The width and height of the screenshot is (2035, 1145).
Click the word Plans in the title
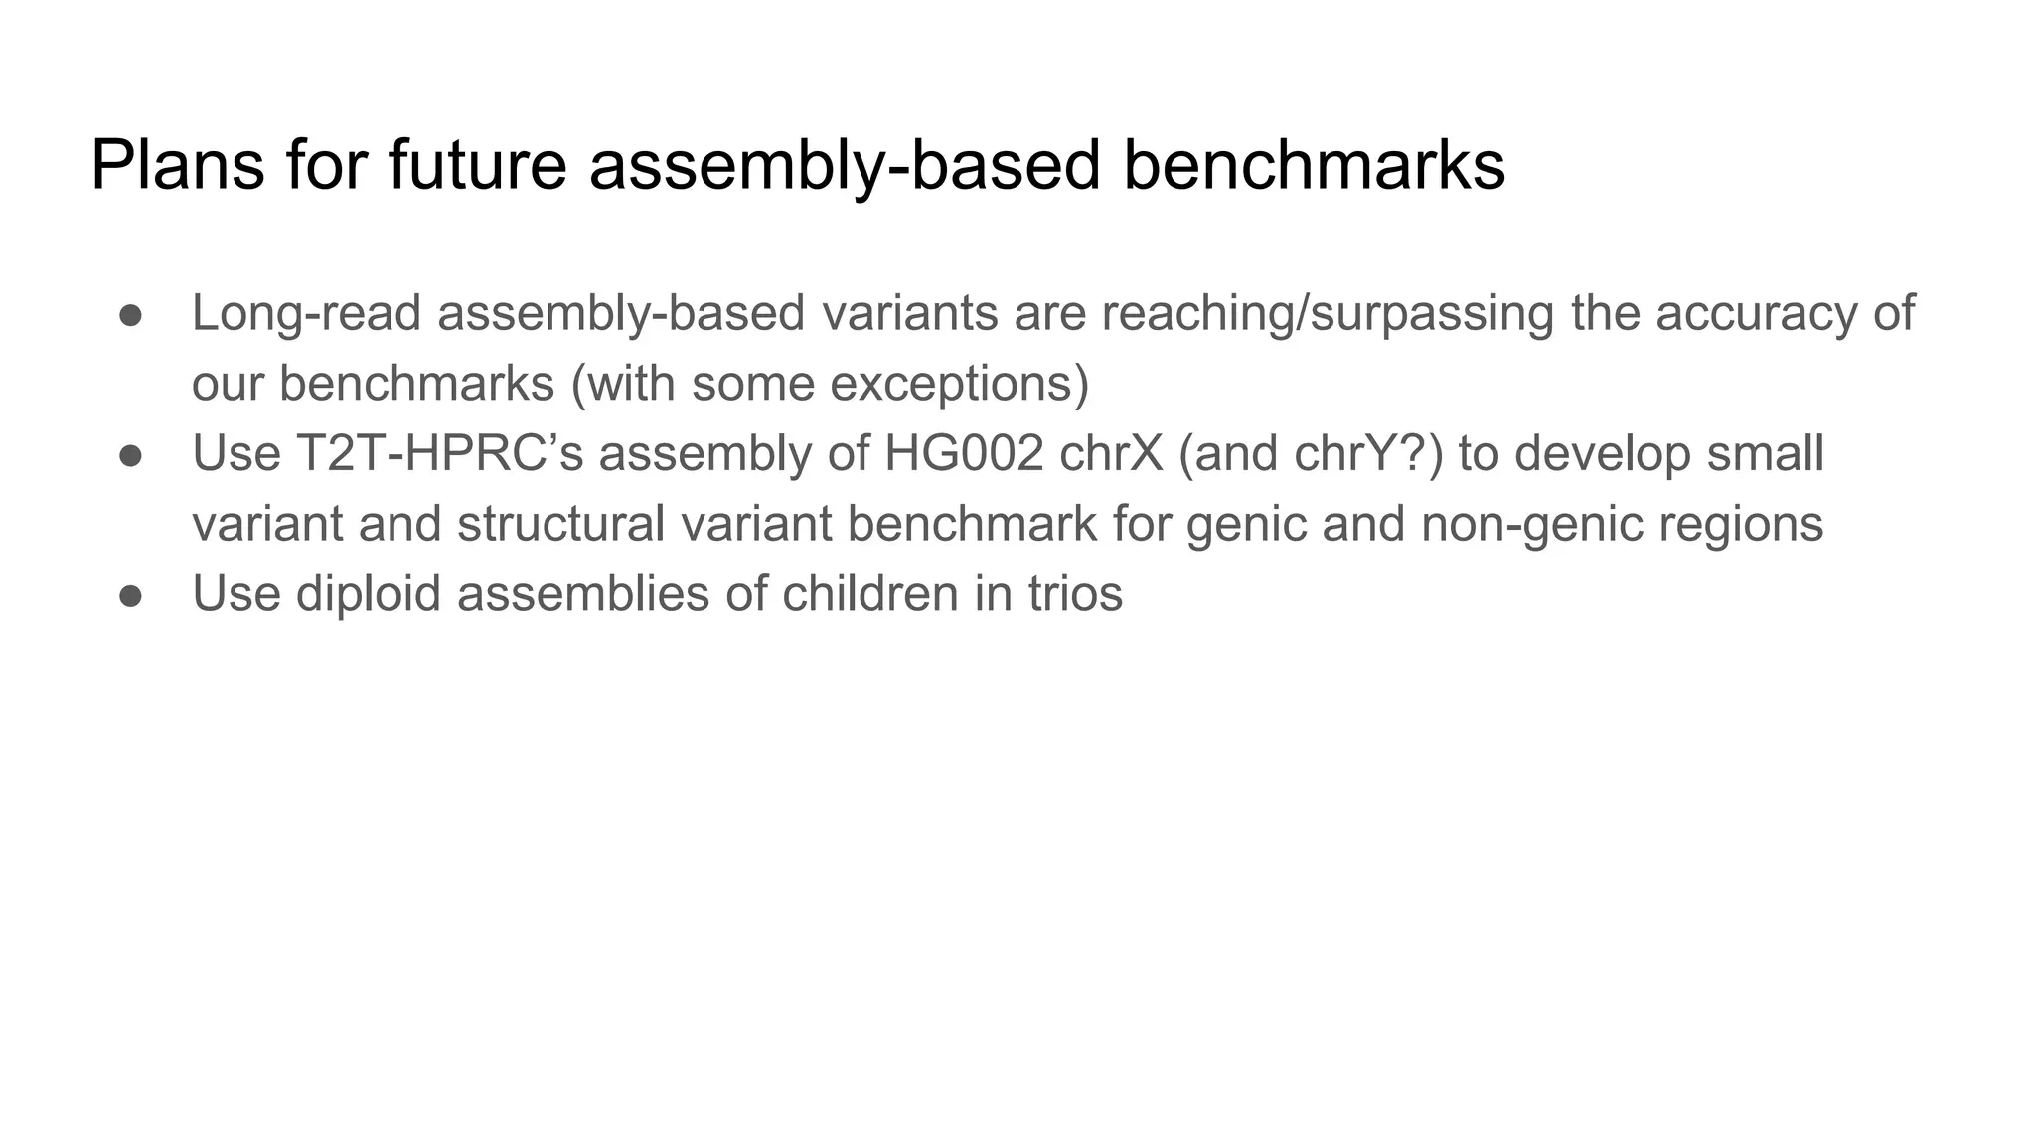pos(178,165)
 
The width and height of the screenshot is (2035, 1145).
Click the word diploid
pos(369,594)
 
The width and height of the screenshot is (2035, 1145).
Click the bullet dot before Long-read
pos(131,315)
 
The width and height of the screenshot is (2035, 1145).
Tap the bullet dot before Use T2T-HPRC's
pos(131,455)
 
